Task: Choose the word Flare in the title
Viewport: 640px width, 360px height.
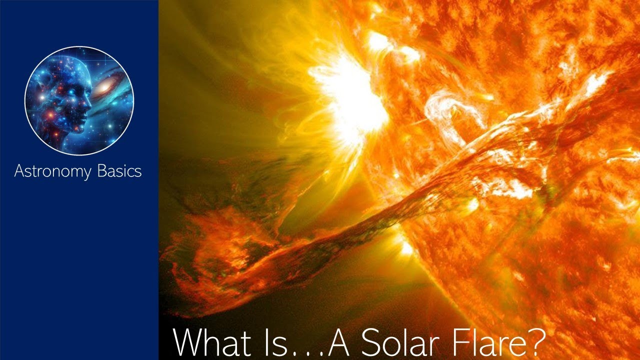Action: pos(499,342)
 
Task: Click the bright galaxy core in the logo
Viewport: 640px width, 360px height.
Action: pos(105,88)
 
